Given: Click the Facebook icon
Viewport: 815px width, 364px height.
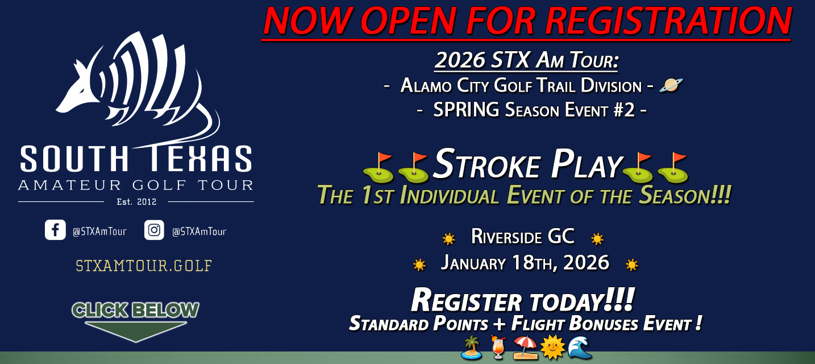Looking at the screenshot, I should (55, 230).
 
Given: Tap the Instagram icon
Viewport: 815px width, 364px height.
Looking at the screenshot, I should (154, 230).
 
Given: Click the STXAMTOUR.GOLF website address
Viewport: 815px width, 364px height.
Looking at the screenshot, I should (144, 266).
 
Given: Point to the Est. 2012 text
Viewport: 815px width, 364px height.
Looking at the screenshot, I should (136, 201).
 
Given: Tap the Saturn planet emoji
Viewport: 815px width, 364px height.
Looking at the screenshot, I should (671, 85).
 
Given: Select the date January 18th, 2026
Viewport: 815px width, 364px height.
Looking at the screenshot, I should (525, 263).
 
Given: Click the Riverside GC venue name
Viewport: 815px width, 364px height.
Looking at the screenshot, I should (523, 237).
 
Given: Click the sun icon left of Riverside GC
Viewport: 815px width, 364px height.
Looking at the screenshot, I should (449, 238).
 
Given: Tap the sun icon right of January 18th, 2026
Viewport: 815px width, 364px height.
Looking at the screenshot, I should (631, 264).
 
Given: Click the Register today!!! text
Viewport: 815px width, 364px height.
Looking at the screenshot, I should (522, 300).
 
